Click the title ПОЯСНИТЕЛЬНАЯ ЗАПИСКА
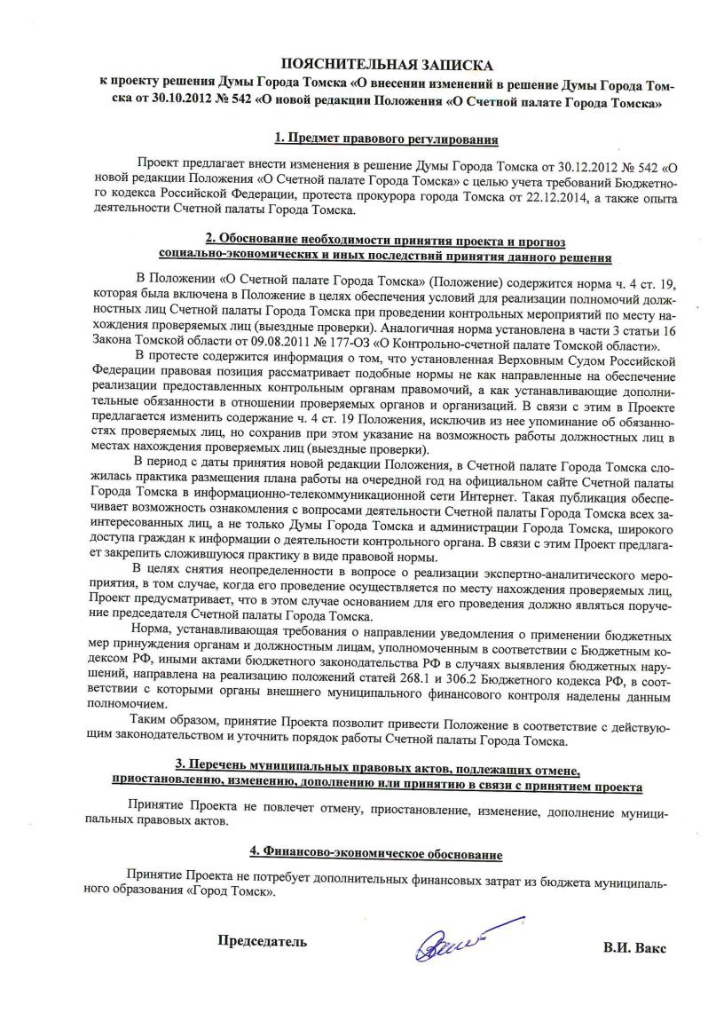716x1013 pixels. [x=385, y=66]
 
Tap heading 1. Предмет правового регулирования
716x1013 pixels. [x=385, y=139]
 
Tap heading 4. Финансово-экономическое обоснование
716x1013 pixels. [x=376, y=853]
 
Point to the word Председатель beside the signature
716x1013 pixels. [x=263, y=943]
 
